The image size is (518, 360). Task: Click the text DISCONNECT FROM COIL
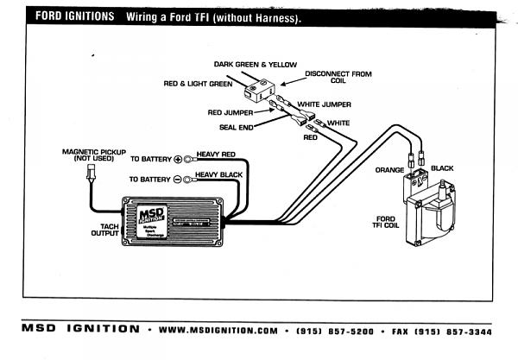click(x=338, y=79)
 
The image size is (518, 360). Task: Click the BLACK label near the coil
click(x=442, y=168)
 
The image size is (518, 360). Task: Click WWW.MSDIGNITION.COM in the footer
click(x=218, y=330)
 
